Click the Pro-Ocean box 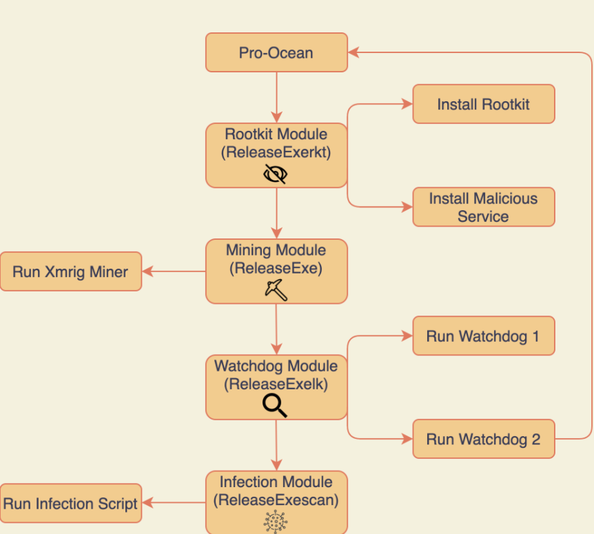click(276, 53)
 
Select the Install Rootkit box click(483, 104)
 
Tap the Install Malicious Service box click(483, 207)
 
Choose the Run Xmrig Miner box click(70, 271)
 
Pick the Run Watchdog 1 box click(483, 336)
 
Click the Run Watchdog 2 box click(483, 439)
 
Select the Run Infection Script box click(70, 504)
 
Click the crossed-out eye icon click(276, 174)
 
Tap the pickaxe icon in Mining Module click(276, 290)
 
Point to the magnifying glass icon click(275, 407)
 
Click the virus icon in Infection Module click(276, 522)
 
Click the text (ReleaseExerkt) click(276, 152)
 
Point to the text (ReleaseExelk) click(276, 384)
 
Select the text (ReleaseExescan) click(276, 500)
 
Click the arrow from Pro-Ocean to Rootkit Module click(276, 97)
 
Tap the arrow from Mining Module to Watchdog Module click(276, 329)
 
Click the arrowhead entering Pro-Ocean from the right click(354, 52)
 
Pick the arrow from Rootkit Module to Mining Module click(276, 213)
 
